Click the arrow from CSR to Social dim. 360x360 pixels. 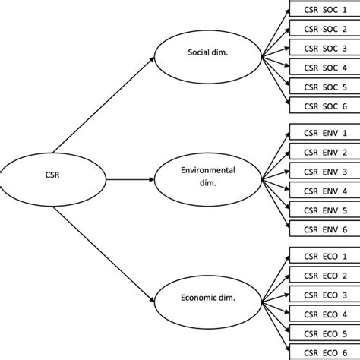point(103,106)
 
